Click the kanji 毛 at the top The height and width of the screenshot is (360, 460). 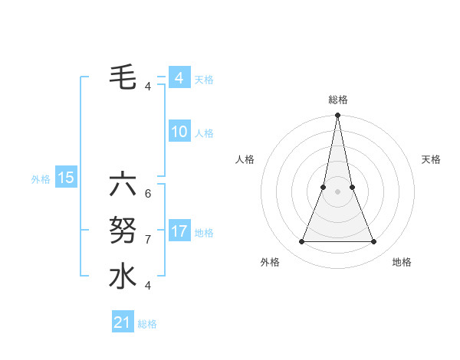click(123, 76)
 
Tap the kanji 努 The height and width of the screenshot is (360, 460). click(123, 230)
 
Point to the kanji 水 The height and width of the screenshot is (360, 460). click(123, 276)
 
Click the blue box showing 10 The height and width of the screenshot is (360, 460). click(179, 132)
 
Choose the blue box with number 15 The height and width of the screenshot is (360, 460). click(66, 178)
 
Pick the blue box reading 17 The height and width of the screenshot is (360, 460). click(179, 231)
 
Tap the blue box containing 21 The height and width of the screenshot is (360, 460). click(123, 322)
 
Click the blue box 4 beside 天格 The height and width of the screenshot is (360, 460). click(179, 78)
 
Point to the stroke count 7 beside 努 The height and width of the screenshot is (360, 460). click(148, 239)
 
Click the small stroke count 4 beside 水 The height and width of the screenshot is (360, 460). click(148, 285)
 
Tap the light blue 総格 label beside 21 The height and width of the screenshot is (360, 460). click(147, 324)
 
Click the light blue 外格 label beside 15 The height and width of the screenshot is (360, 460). click(41, 179)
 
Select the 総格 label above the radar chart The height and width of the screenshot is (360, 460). click(337, 100)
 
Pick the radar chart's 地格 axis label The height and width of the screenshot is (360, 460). click(402, 262)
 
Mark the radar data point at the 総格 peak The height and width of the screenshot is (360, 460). click(337, 116)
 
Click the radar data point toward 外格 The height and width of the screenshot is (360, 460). click(301, 242)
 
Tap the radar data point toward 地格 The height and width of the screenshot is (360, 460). click(374, 242)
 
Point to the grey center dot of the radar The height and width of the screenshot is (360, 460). click(337, 191)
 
